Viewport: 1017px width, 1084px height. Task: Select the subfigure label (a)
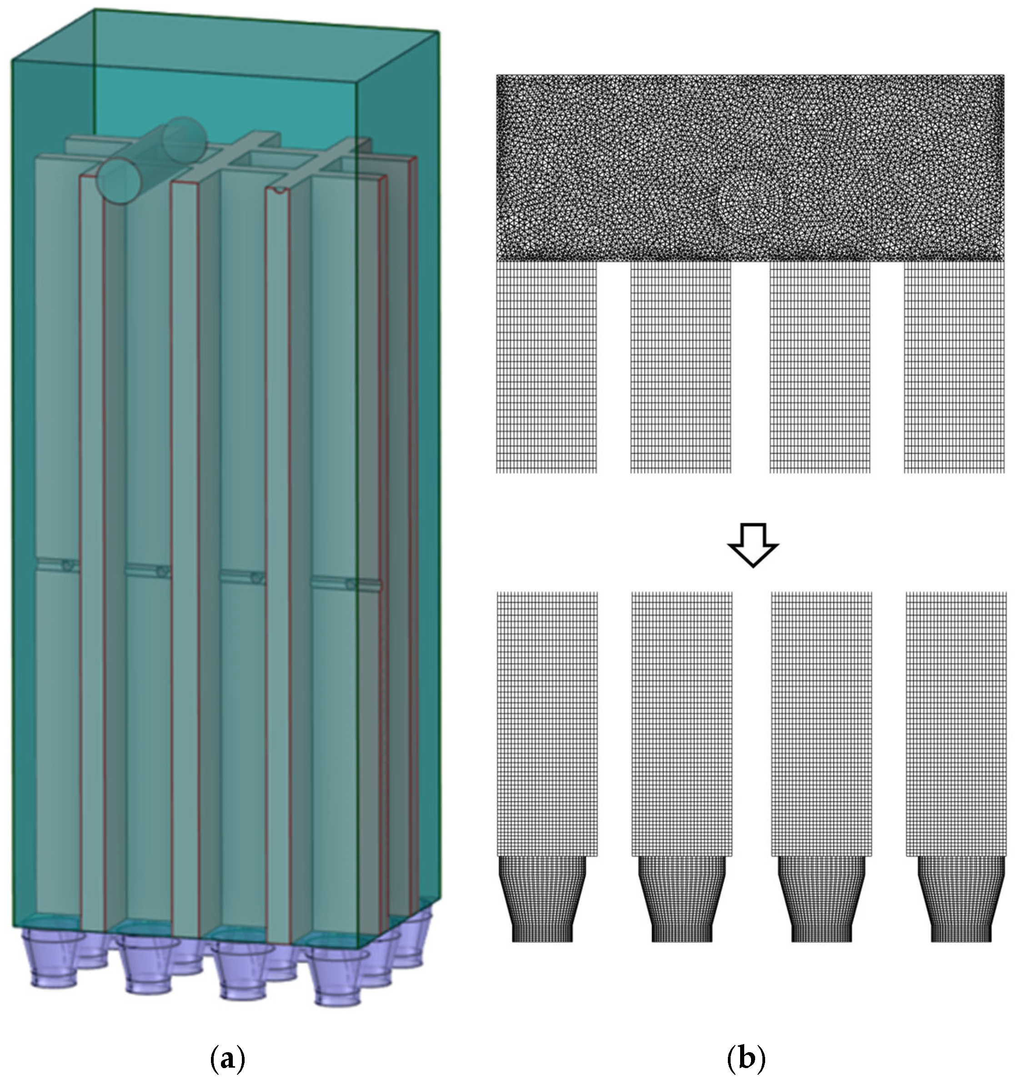click(x=227, y=1059)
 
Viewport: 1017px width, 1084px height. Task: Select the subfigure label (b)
click(x=746, y=1059)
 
